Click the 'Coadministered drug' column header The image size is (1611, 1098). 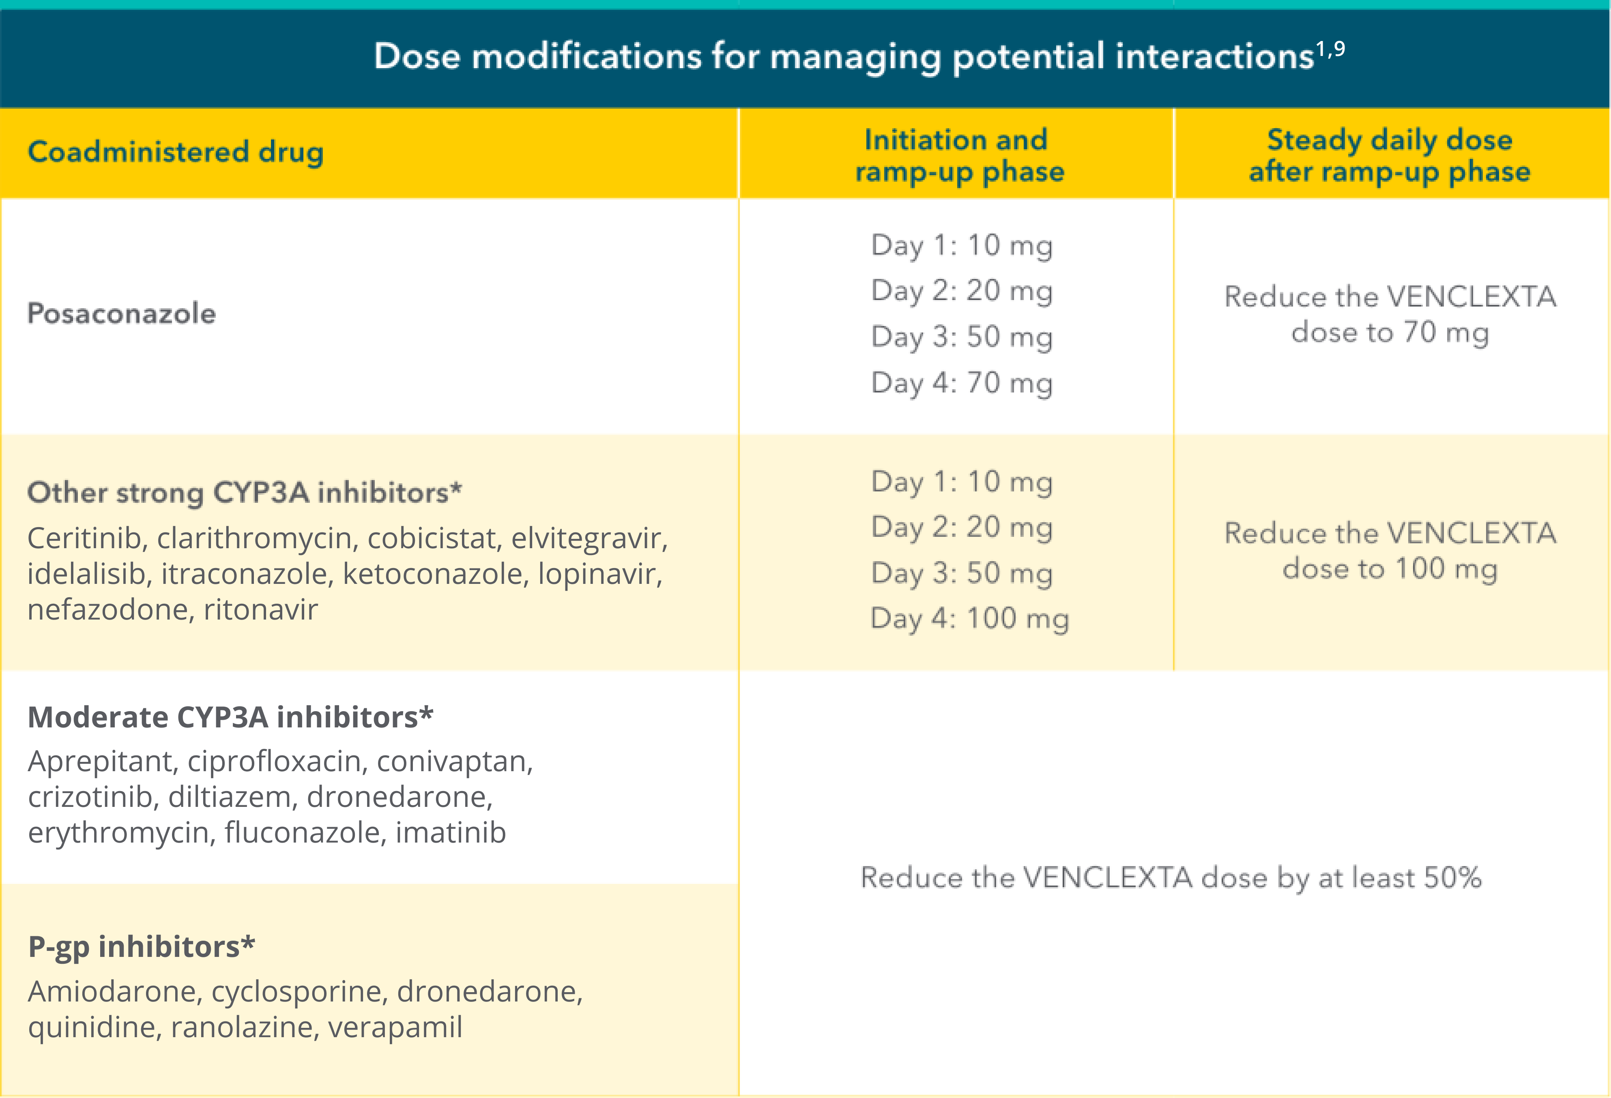point(175,152)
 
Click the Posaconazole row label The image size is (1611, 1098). point(121,313)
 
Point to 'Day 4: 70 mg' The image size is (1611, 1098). point(962,383)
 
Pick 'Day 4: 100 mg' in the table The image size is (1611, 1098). point(969,618)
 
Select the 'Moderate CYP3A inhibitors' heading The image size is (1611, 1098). point(230,717)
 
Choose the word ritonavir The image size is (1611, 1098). point(261,610)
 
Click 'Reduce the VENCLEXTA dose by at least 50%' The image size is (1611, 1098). point(1170,877)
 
